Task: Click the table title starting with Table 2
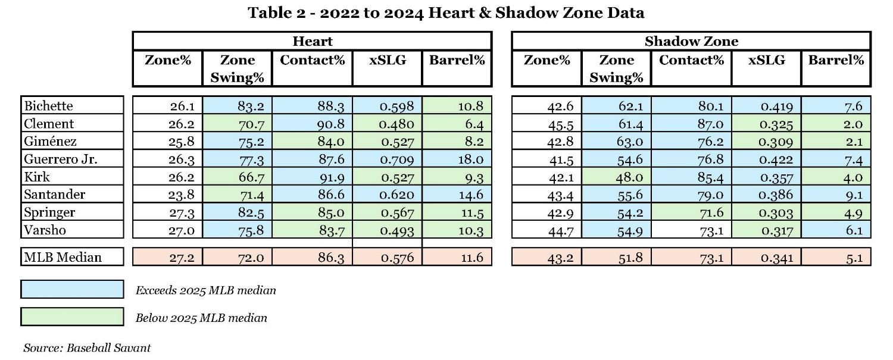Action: (446, 13)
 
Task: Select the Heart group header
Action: (312, 41)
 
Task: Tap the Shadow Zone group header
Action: (691, 41)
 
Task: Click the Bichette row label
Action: (48, 106)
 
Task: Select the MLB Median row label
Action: (63, 257)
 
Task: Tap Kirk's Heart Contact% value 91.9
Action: (330, 177)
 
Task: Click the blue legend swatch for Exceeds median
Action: (72, 290)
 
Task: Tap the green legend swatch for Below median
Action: (72, 317)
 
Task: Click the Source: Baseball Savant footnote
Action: (87, 348)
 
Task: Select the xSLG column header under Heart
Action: (387, 60)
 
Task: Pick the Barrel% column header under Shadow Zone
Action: (836, 60)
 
